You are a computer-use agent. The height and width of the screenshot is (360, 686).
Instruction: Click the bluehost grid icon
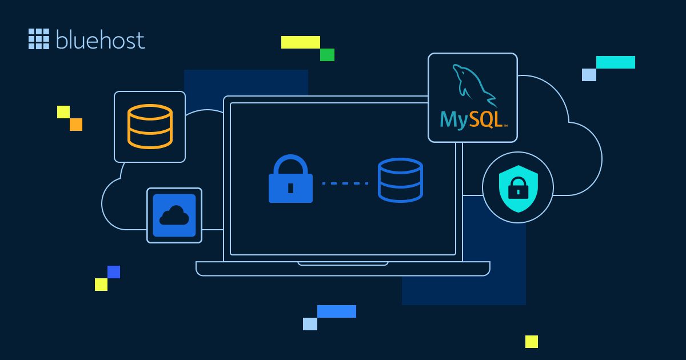[x=39, y=38]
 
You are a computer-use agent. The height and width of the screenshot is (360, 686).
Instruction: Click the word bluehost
[x=101, y=39]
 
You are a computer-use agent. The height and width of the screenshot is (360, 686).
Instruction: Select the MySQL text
[x=472, y=119]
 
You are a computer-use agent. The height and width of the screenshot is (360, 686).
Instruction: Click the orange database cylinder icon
[x=150, y=126]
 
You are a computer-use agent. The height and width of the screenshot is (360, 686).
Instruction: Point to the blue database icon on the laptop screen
[x=400, y=180]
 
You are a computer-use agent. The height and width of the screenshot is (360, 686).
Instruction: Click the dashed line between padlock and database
[x=345, y=183]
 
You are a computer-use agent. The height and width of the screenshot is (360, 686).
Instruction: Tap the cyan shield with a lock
[x=518, y=187]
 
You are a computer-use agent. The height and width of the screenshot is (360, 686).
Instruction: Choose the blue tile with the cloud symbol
[x=174, y=215]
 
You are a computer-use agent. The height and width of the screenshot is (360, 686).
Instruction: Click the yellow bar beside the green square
[x=301, y=42]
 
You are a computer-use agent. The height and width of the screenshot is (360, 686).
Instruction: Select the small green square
[x=327, y=55]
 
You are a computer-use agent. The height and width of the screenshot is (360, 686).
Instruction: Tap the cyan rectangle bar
[x=616, y=62]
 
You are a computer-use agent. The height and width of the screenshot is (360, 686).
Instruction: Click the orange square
[x=76, y=125]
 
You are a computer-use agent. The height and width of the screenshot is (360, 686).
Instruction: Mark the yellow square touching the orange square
[x=63, y=112]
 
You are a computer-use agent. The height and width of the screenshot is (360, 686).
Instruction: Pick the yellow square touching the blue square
[x=101, y=285]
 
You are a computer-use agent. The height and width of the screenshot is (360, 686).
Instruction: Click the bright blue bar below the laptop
[x=337, y=311]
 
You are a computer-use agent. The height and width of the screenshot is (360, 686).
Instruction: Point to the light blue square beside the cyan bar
[x=589, y=75]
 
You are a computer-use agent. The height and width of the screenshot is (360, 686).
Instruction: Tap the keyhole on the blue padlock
[x=290, y=187]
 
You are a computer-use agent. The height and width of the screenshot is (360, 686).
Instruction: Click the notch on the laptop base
[x=343, y=263]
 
